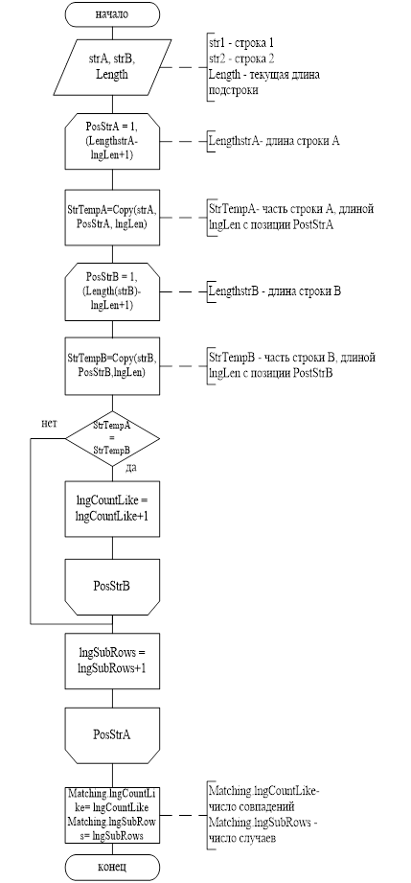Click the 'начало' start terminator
point(112,14)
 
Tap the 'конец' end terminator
point(112,865)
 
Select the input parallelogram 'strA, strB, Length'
point(112,67)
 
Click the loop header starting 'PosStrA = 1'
point(112,141)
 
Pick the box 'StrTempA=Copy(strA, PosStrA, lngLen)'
point(112,217)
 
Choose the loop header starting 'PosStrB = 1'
point(112,291)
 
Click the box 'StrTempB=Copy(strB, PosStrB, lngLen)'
point(112,366)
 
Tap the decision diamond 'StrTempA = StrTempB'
point(112,438)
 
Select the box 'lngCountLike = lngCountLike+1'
point(112,509)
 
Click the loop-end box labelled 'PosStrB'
point(112,586)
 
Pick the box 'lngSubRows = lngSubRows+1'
point(112,661)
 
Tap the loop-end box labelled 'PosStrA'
point(112,735)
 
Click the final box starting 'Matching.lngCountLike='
point(112,815)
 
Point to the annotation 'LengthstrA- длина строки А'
point(274,141)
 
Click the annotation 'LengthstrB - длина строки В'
point(275,291)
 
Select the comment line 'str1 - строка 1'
point(241,43)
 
